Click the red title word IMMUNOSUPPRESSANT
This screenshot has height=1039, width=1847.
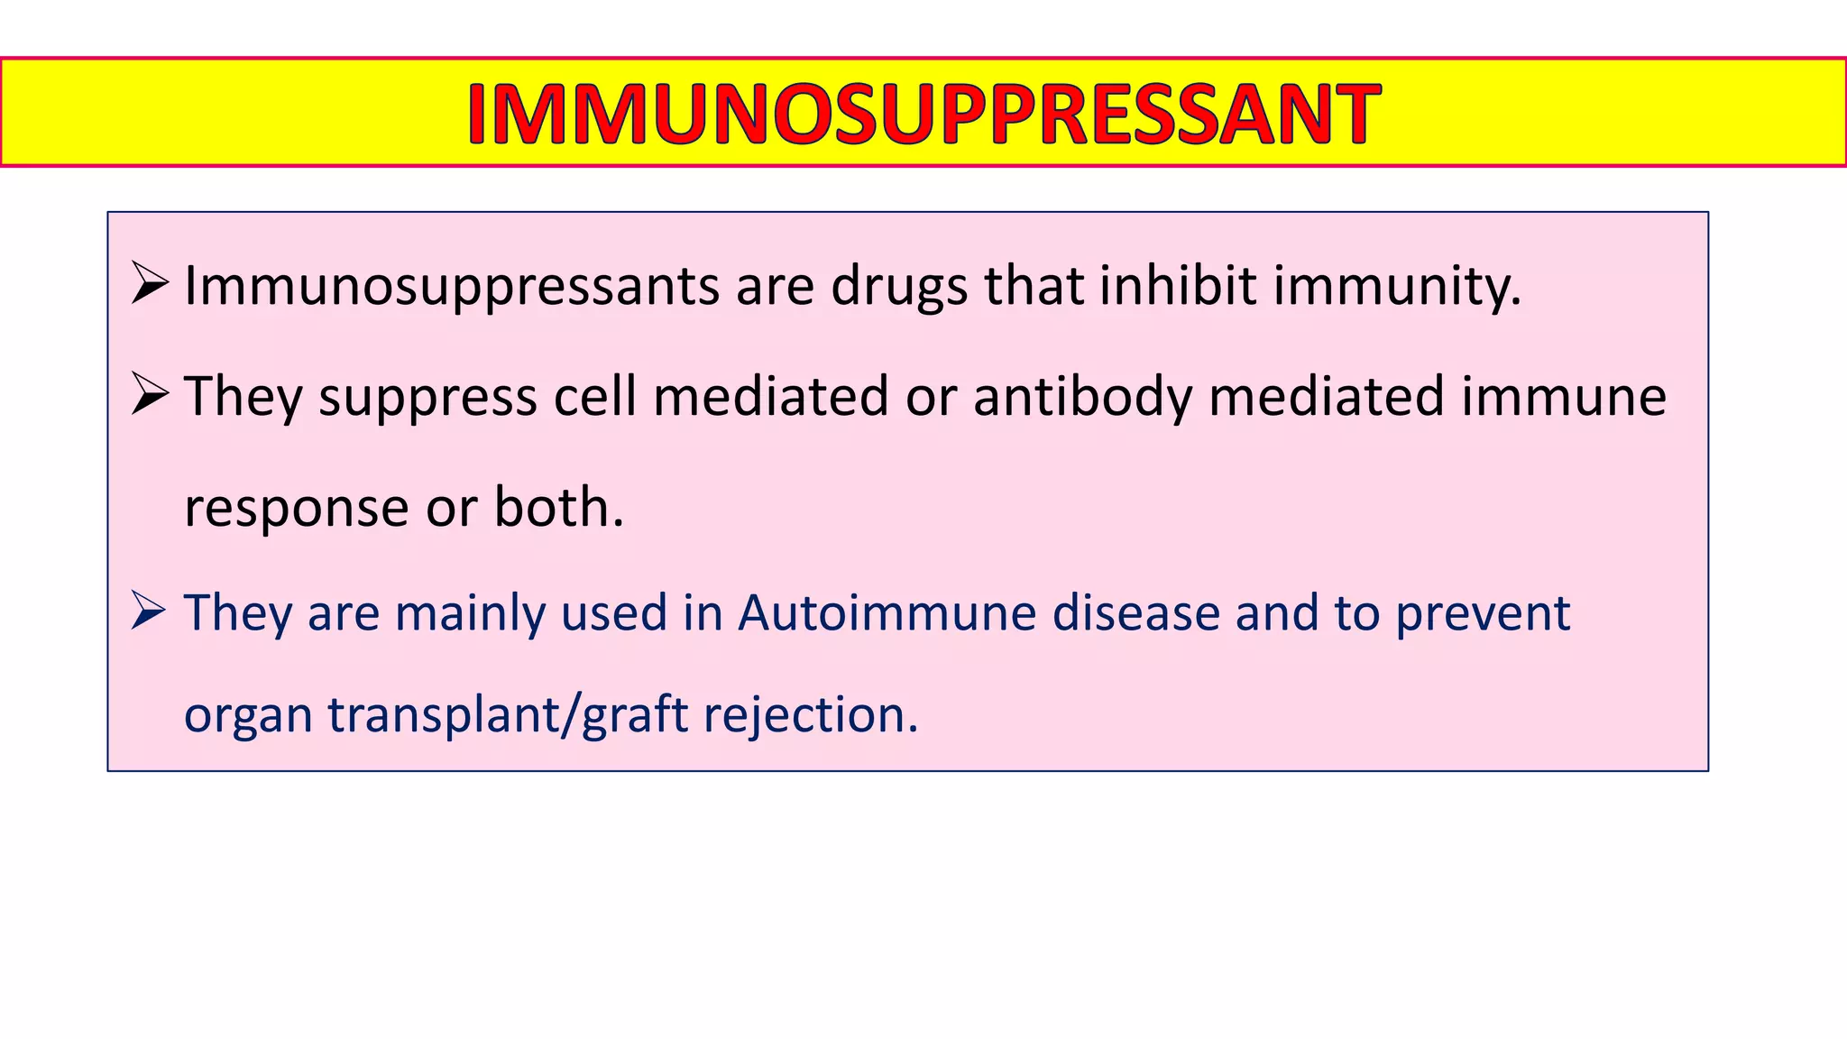(x=923, y=114)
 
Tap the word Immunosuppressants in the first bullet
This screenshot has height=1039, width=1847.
(x=452, y=287)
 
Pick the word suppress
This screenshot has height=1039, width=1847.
(x=427, y=398)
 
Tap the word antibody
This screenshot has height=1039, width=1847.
(x=1082, y=397)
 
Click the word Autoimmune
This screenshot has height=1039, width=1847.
(x=887, y=612)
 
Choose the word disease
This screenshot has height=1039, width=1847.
(x=1136, y=612)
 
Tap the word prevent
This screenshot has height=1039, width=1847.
(x=1483, y=614)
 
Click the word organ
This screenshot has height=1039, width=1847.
(x=247, y=716)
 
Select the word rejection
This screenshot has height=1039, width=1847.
(x=810, y=714)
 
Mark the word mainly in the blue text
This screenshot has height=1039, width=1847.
(x=470, y=614)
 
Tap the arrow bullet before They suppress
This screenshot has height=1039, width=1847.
(x=149, y=394)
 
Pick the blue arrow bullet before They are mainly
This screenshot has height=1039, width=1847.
(x=149, y=611)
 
